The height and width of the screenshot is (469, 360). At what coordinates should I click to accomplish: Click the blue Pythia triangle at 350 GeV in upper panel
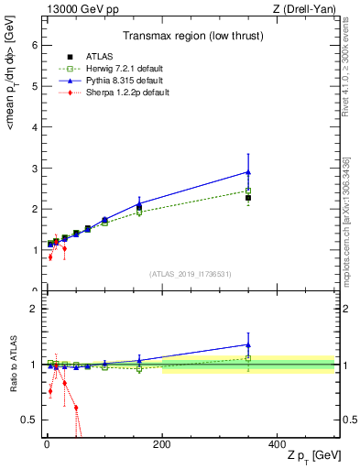[248, 171]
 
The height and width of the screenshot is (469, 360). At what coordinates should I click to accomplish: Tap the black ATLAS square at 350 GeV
[248, 197]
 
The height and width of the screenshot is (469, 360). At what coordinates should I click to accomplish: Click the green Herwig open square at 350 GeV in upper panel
[248, 191]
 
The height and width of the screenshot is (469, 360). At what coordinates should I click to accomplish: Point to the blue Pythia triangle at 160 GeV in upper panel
[139, 205]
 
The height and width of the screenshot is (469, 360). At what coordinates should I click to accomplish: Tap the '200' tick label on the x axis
[161, 445]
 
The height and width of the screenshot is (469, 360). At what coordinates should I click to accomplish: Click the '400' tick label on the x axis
[277, 445]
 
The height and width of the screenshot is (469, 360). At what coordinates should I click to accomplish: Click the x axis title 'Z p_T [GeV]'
[311, 456]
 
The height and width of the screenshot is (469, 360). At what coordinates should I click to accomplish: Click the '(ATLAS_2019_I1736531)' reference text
[190, 275]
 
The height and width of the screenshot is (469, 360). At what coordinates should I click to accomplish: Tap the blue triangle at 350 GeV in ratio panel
[248, 345]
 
